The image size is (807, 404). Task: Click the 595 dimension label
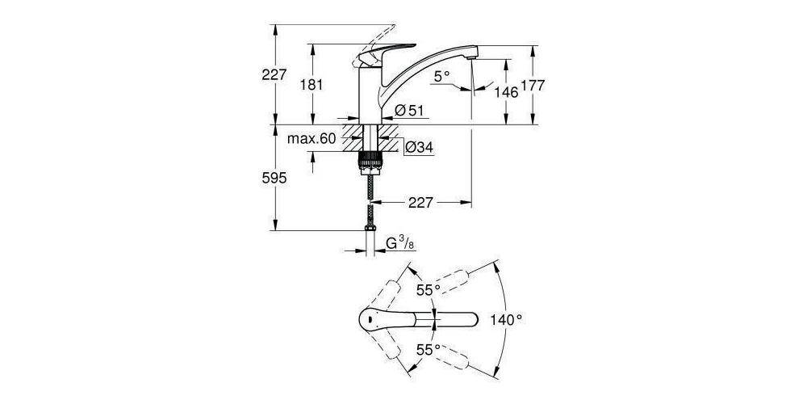[275, 179]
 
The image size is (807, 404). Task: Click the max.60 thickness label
[311, 139]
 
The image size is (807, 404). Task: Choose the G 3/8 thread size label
[400, 242]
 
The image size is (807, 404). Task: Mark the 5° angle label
[441, 77]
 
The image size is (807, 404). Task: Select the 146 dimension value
[505, 92]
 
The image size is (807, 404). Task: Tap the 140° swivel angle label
[507, 320]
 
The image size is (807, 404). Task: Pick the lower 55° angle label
[428, 350]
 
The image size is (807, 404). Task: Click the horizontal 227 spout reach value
[425, 203]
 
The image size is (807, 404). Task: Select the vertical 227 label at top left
[275, 74]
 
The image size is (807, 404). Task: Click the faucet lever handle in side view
[384, 53]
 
